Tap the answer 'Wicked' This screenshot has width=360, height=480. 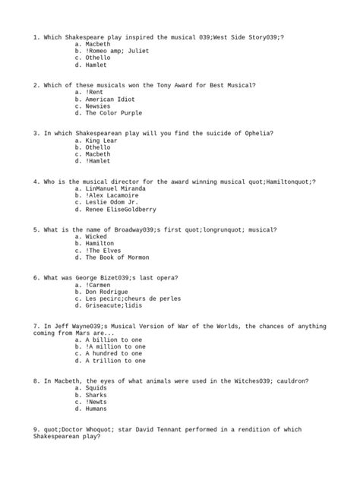click(96, 236)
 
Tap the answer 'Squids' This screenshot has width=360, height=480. click(96, 387)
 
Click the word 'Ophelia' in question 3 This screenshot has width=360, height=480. click(257, 133)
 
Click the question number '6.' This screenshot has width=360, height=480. click(37, 277)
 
